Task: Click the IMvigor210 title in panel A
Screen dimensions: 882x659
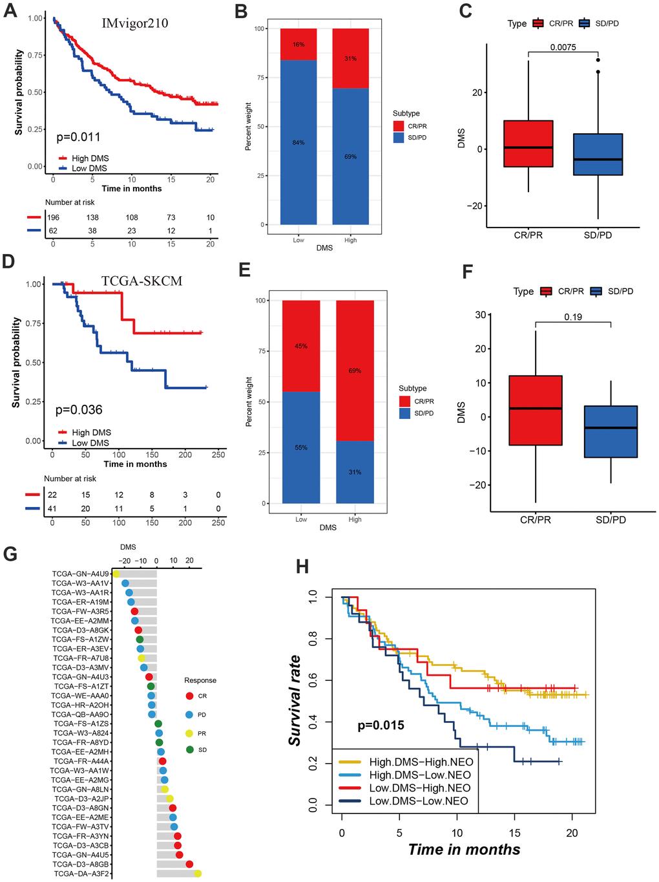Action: click(135, 24)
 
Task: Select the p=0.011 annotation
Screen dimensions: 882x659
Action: click(78, 137)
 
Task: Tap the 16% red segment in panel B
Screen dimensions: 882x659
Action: click(298, 45)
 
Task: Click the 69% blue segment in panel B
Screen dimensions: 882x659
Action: click(351, 156)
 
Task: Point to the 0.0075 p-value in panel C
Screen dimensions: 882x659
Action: click(563, 47)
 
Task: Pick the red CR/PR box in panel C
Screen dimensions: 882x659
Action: click(528, 144)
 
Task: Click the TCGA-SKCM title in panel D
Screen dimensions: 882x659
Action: click(141, 281)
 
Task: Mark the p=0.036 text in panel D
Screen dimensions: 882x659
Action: click(79, 410)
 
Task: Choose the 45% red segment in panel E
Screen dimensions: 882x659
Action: click(301, 346)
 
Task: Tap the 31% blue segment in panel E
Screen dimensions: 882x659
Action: click(355, 472)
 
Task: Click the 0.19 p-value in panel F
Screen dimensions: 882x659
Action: click(572, 317)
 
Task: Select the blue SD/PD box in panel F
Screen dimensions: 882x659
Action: click(611, 431)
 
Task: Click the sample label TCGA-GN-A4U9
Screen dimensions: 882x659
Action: click(81, 574)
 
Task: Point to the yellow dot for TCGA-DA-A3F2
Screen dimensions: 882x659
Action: click(198, 874)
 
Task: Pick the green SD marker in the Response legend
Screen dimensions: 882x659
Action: click(189, 749)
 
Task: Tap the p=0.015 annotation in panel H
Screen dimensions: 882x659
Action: click(381, 726)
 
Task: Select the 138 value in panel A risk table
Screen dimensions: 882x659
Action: click(92, 218)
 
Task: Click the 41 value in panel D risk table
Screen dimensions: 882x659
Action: click(52, 509)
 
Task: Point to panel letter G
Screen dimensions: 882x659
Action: click(10, 554)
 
